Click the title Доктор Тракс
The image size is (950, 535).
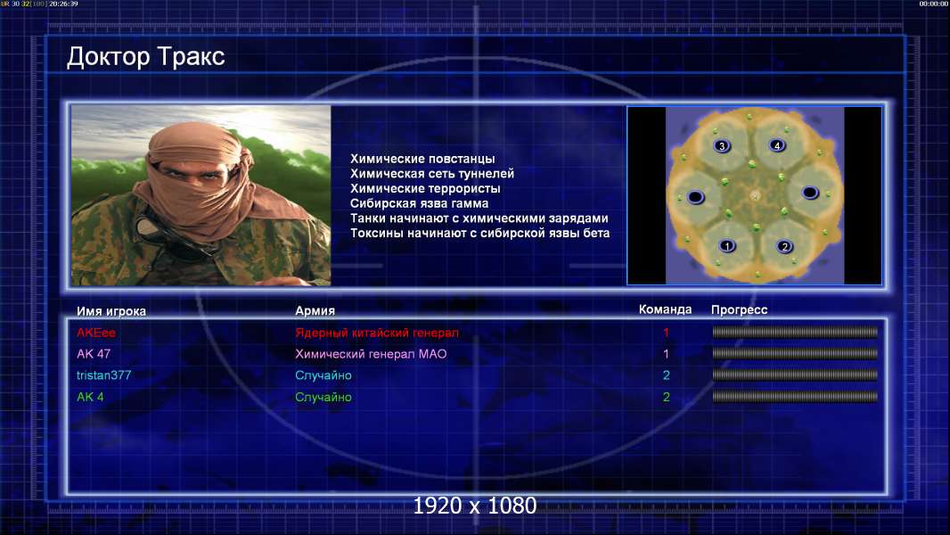click(145, 57)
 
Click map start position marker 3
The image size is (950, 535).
click(722, 146)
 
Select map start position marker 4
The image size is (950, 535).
click(777, 145)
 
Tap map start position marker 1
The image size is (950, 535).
click(727, 245)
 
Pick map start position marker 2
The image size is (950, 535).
click(784, 246)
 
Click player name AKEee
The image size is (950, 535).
click(95, 333)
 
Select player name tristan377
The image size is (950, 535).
click(103, 375)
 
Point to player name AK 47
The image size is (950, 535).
click(94, 354)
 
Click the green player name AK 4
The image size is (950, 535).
click(90, 397)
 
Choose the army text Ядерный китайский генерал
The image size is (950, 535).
click(377, 333)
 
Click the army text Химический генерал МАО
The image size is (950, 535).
click(371, 354)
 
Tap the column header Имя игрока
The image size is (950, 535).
click(111, 311)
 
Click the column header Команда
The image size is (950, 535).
click(665, 309)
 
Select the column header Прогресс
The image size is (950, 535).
click(739, 310)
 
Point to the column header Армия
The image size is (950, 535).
click(315, 311)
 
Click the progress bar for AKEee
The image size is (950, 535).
click(795, 332)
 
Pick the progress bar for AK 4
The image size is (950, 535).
click(795, 397)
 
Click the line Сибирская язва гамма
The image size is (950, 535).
click(419, 203)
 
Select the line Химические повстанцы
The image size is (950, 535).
click(422, 159)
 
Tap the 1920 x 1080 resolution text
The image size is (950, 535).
click(475, 506)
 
